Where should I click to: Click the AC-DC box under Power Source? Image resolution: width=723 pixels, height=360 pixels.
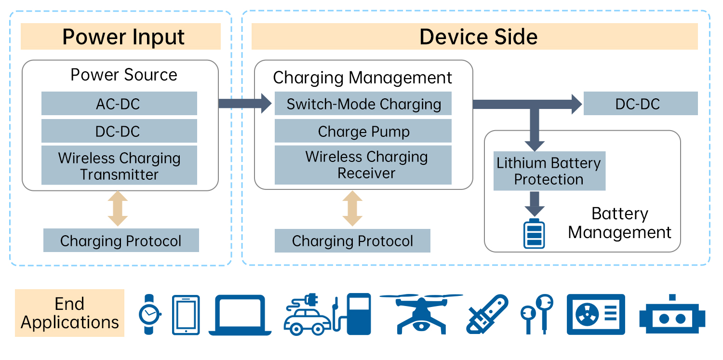119,104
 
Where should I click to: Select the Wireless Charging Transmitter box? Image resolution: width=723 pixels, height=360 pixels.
119,165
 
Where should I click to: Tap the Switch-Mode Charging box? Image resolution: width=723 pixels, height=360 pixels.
363,104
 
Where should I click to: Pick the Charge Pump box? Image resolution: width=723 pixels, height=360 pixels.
363,131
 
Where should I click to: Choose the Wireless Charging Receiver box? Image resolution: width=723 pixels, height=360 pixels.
363,165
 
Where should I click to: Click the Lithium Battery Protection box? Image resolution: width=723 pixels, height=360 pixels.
549,171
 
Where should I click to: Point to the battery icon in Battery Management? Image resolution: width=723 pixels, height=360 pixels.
534,234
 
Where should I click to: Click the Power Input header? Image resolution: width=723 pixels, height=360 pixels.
120,37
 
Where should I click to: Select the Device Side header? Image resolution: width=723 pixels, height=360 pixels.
475,37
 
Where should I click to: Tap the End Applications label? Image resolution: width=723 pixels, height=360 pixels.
70,313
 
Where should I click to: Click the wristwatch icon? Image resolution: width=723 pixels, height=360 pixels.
150,315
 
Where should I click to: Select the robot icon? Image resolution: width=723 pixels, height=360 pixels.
672,316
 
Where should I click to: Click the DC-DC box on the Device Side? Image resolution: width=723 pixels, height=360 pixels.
641,104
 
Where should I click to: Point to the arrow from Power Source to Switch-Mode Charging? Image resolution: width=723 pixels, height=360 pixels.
245,103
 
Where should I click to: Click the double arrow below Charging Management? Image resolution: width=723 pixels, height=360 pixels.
352,209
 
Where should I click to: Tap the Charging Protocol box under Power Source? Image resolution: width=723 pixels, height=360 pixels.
121,240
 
